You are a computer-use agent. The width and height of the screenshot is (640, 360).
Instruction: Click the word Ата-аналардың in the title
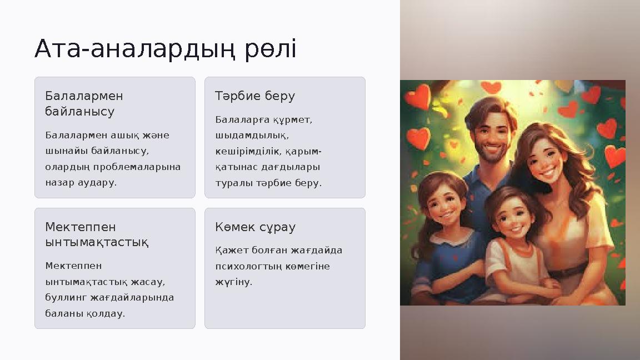[137, 49]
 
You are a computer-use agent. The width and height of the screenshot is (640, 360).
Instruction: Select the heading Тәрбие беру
[255, 96]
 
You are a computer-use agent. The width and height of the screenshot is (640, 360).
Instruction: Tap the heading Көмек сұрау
[255, 227]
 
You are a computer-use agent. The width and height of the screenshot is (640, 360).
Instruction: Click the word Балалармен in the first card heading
[84, 96]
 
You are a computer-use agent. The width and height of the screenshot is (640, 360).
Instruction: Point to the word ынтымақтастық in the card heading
[96, 243]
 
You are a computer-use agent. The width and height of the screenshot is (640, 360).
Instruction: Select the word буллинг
[63, 297]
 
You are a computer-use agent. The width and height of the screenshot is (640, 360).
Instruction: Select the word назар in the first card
[57, 182]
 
